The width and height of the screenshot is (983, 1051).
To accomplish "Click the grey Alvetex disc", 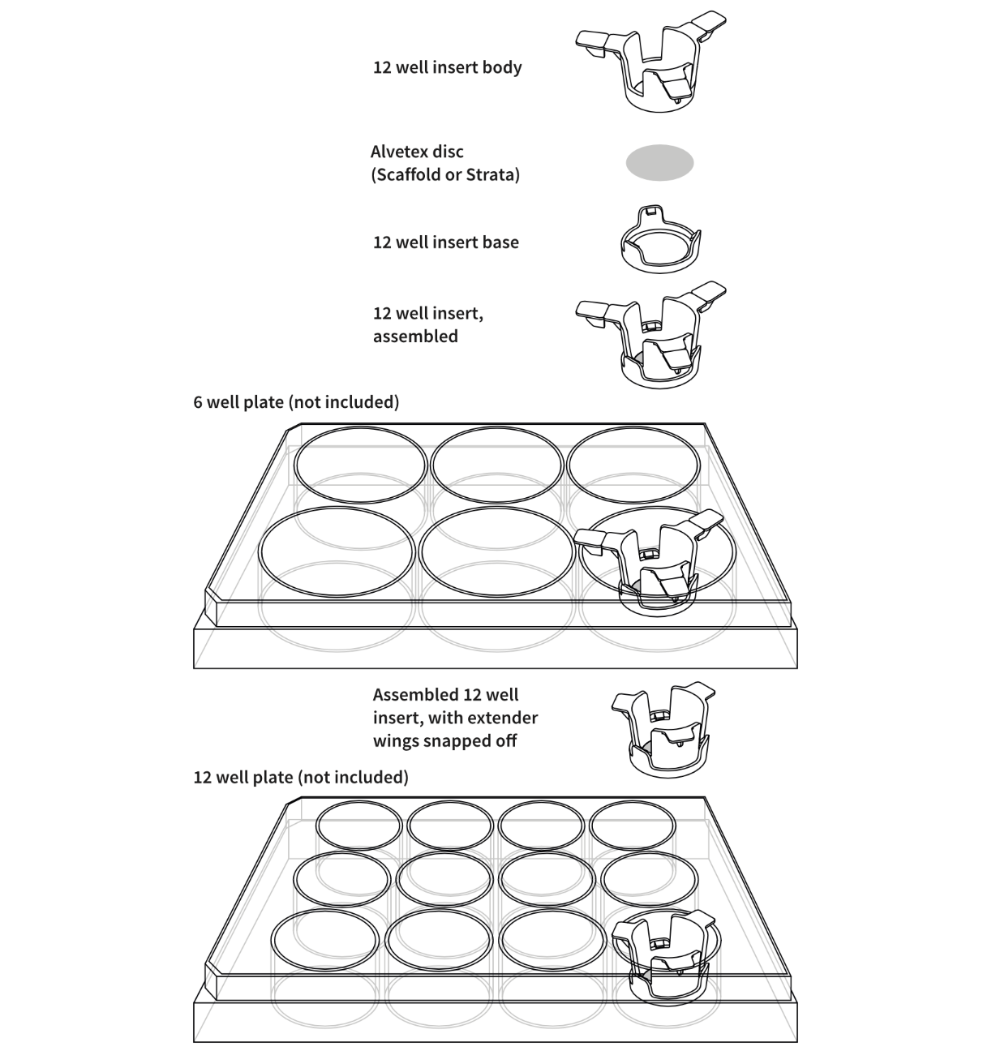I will (659, 163).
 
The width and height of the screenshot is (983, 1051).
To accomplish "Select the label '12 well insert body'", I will (447, 67).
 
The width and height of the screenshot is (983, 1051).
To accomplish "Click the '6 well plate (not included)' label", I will (296, 402).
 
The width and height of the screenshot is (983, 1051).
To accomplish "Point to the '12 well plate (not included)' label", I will (301, 778).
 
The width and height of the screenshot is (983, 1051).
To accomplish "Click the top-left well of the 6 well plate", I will (360, 466).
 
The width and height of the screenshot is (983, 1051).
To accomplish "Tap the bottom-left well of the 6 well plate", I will (337, 551).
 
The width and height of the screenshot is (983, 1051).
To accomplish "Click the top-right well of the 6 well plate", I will (633, 465).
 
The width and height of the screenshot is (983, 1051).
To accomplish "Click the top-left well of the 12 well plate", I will (359, 827).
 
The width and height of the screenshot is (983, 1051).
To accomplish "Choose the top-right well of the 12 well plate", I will (632, 827).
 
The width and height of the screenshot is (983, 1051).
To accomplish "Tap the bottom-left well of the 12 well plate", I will (324, 941).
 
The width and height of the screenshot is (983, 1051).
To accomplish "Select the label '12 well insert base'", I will (446, 242).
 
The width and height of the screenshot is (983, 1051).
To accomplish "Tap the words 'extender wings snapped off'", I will (455, 730).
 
